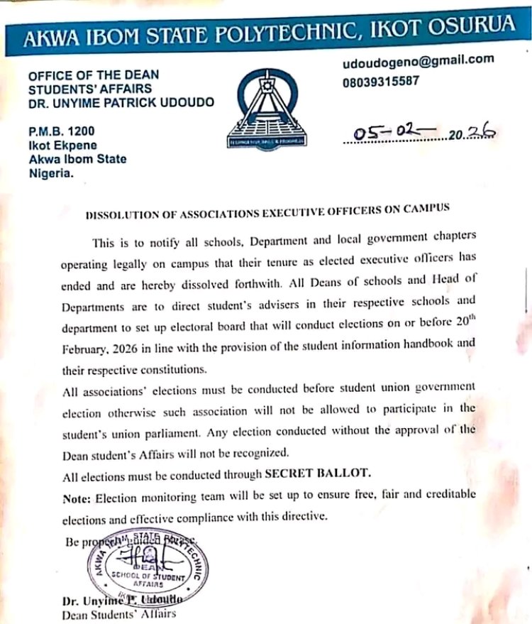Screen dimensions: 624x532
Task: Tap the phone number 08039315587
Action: pyautogui.click(x=380, y=81)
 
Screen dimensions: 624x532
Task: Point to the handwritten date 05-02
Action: pyautogui.click(x=387, y=133)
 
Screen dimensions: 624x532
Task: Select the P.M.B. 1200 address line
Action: pyautogui.click(x=61, y=131)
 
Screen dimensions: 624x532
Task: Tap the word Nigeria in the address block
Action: pyautogui.click(x=50, y=173)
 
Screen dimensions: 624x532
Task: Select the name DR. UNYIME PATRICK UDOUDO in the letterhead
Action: pyautogui.click(x=121, y=102)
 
